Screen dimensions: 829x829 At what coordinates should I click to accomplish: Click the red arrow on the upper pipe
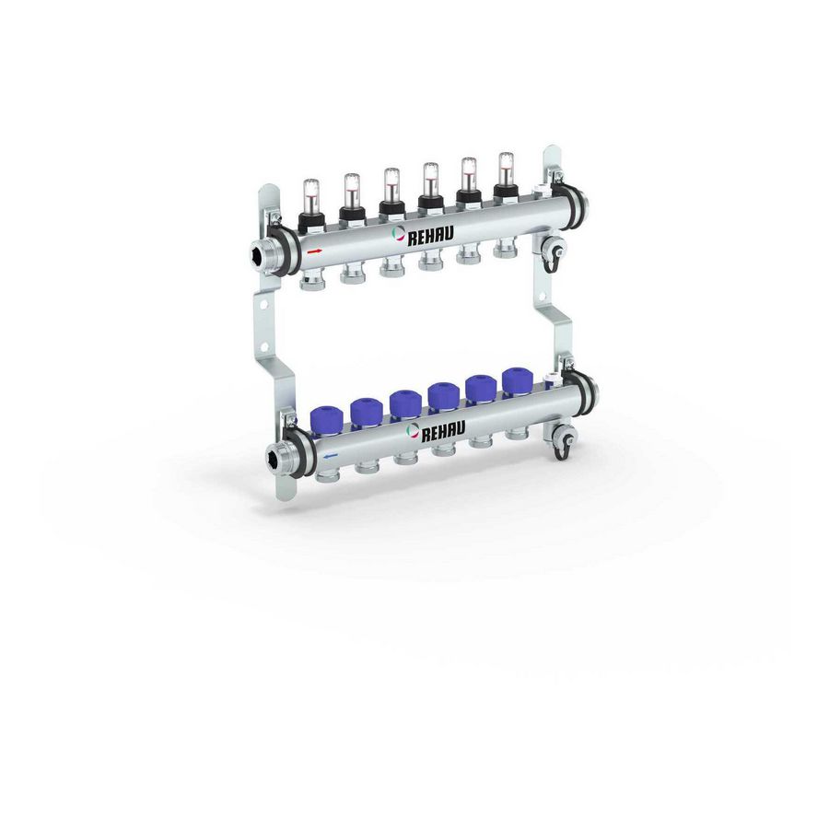pos(314,251)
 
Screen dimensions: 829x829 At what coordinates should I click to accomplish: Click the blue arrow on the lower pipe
pos(331,455)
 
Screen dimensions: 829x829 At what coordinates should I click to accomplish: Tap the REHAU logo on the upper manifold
pos(423,235)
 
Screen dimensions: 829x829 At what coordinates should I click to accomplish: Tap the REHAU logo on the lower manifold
pos(436,430)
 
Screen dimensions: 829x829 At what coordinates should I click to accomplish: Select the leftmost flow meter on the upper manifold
pos(309,204)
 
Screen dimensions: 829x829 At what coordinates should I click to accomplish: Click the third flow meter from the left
pos(391,193)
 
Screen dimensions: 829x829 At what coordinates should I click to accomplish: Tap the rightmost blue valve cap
pos(515,380)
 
